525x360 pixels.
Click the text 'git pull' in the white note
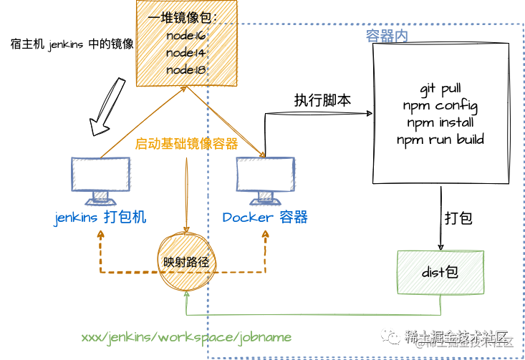[440, 89]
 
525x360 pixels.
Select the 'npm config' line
[440, 106]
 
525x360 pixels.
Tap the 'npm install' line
[440, 122]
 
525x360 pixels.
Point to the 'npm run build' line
[440, 139]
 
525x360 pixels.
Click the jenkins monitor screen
[101, 174]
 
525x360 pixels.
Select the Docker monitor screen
[265, 174]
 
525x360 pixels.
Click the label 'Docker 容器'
[264, 218]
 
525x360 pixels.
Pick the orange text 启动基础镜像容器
[186, 144]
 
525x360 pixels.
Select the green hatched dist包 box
[440, 271]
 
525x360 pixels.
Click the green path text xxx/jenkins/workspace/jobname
[186, 336]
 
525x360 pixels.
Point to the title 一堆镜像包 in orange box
[185, 19]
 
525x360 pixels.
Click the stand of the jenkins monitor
[101, 198]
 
